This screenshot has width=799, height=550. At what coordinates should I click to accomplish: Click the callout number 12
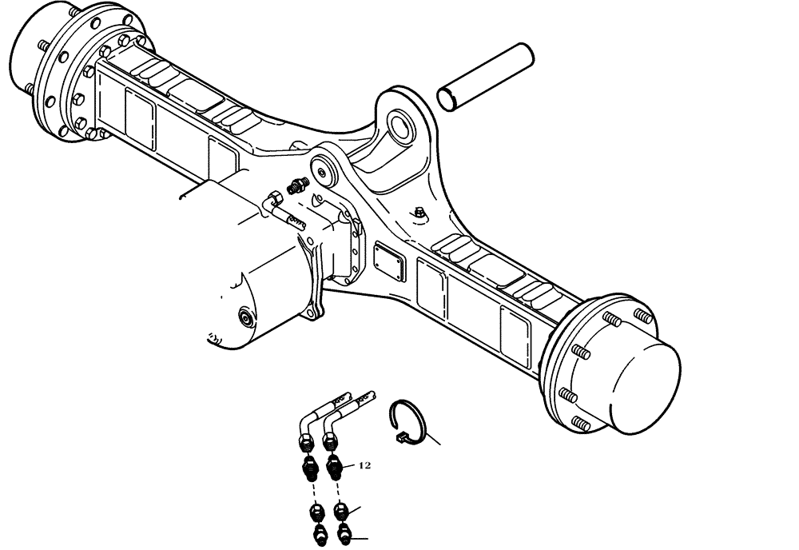click(x=364, y=464)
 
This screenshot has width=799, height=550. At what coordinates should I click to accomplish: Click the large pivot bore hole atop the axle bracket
click(x=401, y=124)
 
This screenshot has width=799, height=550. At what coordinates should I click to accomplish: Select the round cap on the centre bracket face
click(x=324, y=169)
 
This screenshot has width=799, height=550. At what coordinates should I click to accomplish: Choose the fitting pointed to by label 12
click(x=336, y=464)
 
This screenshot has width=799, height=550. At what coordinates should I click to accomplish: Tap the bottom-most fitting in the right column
click(x=344, y=535)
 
